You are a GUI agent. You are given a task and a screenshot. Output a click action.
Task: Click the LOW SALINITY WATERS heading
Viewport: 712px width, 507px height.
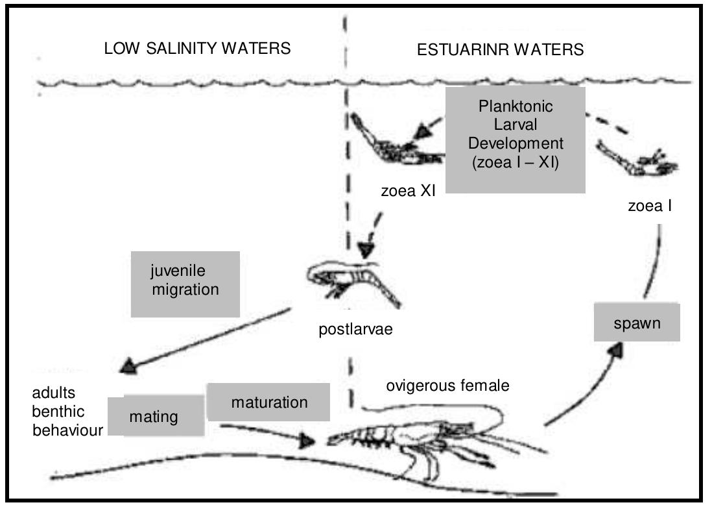click(x=197, y=49)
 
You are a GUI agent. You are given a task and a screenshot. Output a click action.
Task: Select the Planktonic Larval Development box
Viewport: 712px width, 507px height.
click(x=516, y=140)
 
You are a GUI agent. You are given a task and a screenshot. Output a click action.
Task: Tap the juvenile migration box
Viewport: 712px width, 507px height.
click(x=185, y=284)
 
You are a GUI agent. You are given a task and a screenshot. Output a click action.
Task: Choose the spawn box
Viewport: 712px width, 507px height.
click(x=637, y=323)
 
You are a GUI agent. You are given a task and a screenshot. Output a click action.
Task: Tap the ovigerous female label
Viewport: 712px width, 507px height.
click(x=447, y=386)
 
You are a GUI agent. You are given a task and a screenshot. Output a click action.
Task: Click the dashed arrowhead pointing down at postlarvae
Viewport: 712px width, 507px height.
click(x=367, y=250)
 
